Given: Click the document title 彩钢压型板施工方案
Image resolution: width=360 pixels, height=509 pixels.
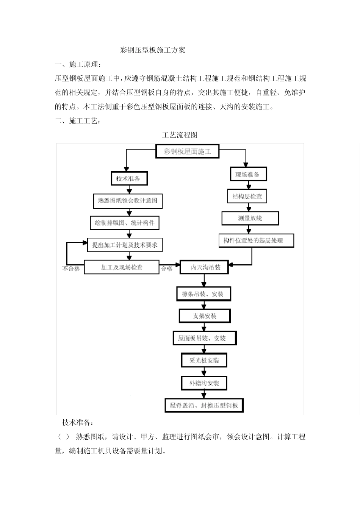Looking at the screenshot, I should [153, 50].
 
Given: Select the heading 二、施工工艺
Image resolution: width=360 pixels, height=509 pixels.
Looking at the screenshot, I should [78, 121].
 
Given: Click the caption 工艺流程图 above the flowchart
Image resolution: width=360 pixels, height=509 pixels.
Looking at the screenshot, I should [180, 135].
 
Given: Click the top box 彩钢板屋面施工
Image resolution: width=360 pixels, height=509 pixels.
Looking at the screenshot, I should [188, 152].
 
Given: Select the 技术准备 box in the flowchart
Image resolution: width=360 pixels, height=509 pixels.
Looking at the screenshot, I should [129, 178].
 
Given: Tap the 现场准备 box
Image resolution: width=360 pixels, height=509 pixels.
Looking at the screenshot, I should [248, 174].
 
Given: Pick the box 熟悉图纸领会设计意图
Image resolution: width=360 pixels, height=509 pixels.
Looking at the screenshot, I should [128, 201].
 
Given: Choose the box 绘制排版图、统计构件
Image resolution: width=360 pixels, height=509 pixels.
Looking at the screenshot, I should [125, 223].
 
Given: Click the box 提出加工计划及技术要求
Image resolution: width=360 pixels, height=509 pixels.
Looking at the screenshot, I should [125, 245].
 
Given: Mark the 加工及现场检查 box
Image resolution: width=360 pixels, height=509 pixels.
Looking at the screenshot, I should [122, 267].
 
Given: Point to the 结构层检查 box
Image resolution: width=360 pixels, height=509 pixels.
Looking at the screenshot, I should [247, 197].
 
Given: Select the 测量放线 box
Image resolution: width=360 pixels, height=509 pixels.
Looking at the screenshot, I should [250, 218].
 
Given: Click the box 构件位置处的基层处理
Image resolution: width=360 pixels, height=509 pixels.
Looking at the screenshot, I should [256, 240].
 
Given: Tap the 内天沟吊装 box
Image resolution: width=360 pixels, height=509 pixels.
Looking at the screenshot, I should [205, 267].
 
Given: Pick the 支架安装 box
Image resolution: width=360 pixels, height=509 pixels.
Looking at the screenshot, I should [205, 316].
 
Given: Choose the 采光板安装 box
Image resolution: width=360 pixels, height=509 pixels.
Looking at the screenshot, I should [204, 360].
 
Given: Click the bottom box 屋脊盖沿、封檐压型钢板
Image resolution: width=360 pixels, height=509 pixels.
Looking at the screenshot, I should [204, 405].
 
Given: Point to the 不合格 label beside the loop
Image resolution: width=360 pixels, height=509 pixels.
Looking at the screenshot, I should [71, 269].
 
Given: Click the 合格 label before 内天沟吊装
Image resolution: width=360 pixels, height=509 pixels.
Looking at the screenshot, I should [167, 269].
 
